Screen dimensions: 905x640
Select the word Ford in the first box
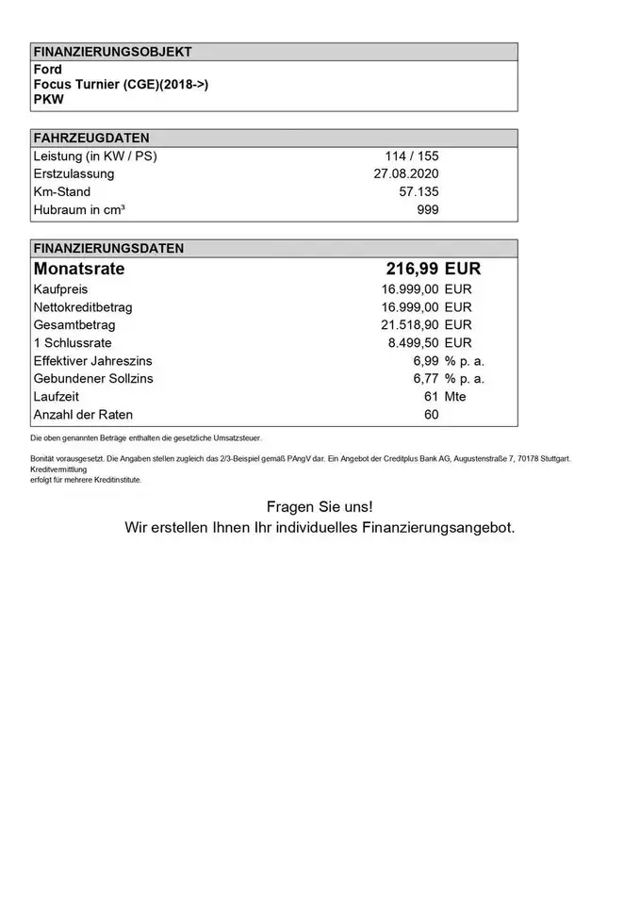pos(47,70)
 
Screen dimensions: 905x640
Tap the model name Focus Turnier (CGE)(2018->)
pos(121,85)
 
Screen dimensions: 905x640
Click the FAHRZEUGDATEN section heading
pos(90,139)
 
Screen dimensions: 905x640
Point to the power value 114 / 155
pos(411,156)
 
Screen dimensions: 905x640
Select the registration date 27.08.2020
pos(406,174)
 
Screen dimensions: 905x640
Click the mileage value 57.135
pos(418,192)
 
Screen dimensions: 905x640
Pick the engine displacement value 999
pos(427,210)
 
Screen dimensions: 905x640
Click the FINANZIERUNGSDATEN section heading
pos(107,250)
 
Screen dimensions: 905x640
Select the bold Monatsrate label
pos(79,270)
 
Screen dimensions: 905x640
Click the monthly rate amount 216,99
pos(411,270)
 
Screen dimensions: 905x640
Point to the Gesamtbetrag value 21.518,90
pos(409,325)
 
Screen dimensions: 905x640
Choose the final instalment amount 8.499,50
pos(413,343)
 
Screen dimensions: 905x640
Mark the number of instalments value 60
pos(432,415)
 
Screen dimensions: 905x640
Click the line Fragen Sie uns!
pos(320,508)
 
